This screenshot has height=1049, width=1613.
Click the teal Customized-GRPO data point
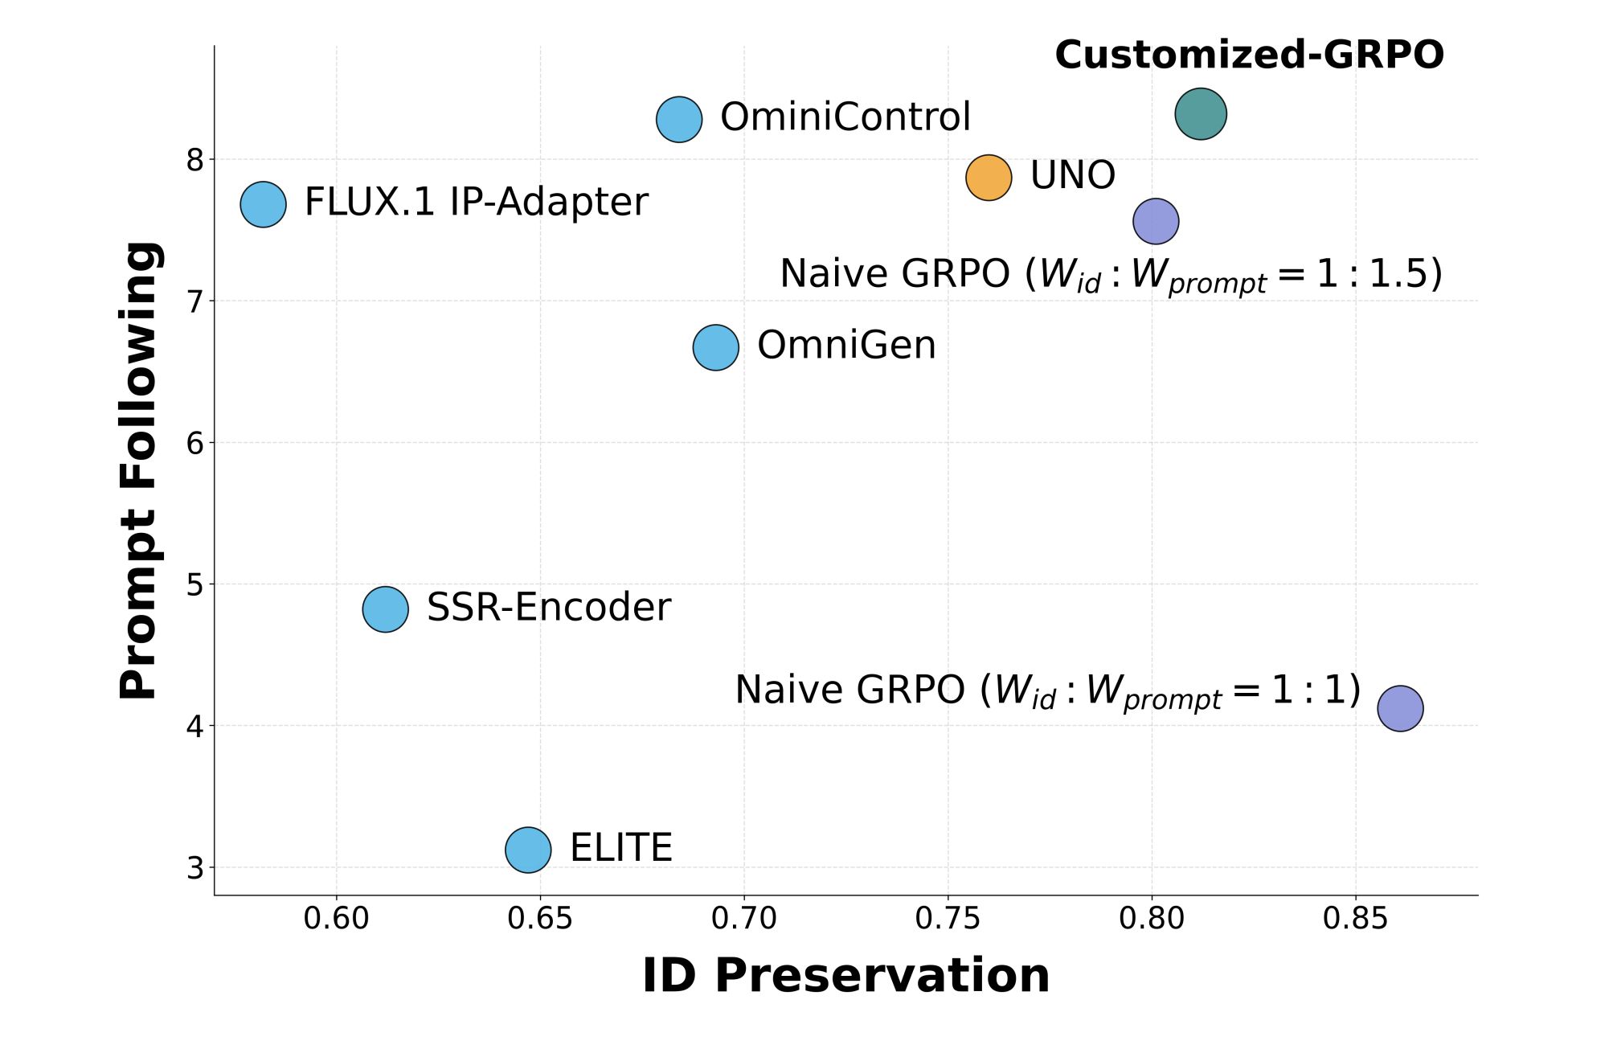(1200, 114)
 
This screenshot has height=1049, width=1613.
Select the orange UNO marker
(988, 177)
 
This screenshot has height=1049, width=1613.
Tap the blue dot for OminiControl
(679, 120)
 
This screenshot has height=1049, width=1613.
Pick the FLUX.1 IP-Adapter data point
(263, 204)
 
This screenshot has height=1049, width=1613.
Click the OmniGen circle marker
(715, 347)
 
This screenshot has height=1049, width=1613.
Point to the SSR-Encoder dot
(385, 609)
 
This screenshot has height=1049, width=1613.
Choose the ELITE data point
(528, 850)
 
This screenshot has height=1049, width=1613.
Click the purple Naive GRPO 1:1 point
(1400, 708)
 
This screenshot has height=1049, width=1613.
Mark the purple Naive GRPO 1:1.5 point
(1156, 221)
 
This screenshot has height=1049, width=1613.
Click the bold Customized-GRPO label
(1249, 55)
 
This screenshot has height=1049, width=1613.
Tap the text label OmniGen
(846, 346)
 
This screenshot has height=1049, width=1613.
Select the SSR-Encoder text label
(548, 607)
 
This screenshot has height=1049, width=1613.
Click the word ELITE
(620, 848)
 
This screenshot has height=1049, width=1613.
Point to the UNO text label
(1072, 175)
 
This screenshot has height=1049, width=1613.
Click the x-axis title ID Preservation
(845, 976)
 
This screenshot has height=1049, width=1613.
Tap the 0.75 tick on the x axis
(948, 918)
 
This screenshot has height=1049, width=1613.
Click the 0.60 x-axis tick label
(336, 918)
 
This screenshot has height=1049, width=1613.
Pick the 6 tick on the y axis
(195, 443)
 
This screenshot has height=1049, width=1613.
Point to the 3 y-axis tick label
(195, 868)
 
